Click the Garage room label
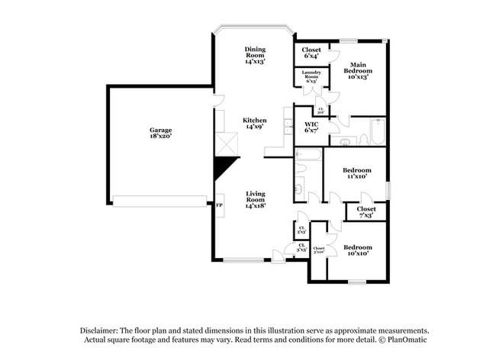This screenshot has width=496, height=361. [160, 133]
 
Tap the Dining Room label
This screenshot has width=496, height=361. [255, 55]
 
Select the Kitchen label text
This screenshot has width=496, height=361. [254, 124]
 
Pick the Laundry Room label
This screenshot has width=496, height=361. [311, 77]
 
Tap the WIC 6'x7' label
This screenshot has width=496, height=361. [311, 127]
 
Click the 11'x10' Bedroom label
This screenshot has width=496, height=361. [356, 172]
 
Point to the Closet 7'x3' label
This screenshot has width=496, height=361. [366, 211]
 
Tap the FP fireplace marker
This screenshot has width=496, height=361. [219, 206]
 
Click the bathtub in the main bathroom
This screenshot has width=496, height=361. [376, 131]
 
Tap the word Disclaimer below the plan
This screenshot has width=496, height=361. [103, 330]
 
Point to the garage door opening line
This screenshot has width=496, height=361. [159, 201]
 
